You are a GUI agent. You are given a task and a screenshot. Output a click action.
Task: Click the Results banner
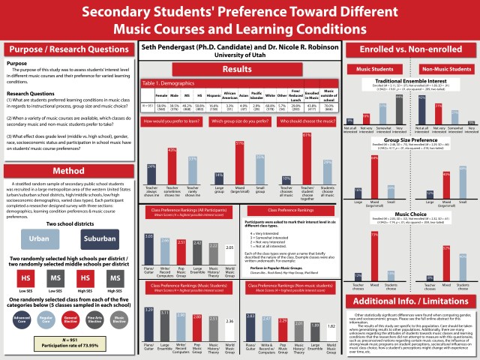click(238, 69)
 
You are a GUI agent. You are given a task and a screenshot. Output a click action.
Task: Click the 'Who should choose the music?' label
click(306, 121)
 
